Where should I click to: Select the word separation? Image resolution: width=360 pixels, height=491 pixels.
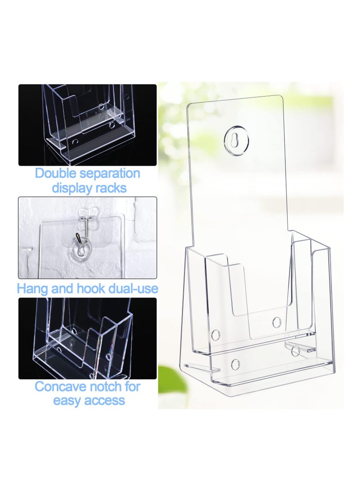pos(113,173)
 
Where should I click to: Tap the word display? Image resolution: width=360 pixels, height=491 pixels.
pos(72,188)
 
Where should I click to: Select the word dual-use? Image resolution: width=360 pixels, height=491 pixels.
pos(133,288)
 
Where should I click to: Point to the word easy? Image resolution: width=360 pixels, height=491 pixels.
pos(68,401)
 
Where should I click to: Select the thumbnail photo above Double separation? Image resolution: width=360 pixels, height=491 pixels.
pos(87,125)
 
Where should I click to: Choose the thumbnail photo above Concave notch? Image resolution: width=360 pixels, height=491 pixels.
pos(87,338)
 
